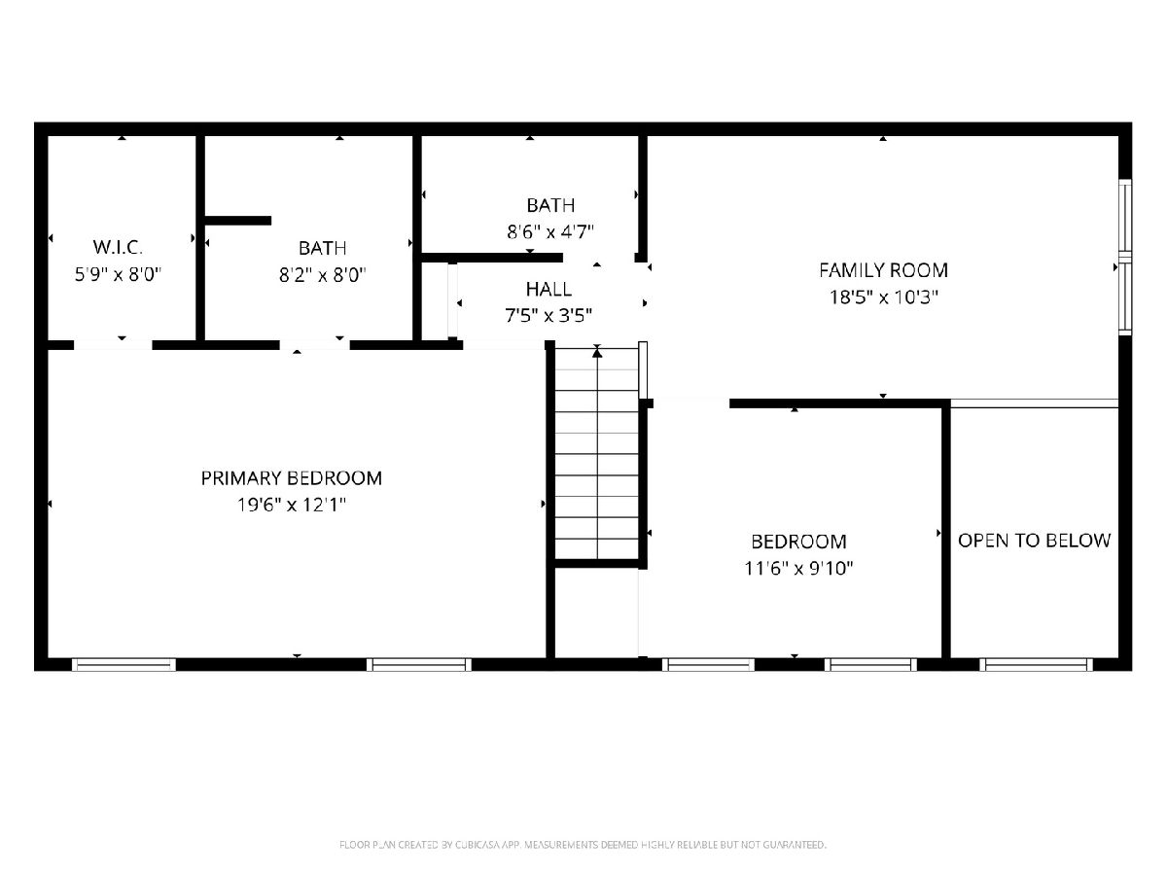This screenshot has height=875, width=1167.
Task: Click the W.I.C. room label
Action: (118, 247)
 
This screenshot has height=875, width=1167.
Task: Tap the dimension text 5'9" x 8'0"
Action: (118, 275)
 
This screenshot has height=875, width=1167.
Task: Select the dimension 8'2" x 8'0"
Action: (323, 275)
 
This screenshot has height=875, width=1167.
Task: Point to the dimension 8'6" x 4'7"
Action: (550, 232)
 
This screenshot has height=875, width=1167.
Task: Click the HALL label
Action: (548, 290)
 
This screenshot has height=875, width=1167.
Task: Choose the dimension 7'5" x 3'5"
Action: (548, 316)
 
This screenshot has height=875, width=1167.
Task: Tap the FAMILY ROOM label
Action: (883, 270)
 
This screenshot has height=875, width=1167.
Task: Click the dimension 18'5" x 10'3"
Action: (884, 297)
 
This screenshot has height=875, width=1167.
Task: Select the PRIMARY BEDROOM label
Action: (292, 478)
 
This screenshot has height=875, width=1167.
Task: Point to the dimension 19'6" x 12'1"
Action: (292, 505)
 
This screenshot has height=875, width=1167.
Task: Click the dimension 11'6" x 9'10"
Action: (798, 569)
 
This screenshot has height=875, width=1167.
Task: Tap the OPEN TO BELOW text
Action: (1034, 541)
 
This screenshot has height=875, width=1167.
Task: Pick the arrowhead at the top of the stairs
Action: (597, 352)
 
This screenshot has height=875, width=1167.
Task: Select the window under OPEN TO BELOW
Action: (1036, 664)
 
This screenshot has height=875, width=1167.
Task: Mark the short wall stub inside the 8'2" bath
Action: (237, 221)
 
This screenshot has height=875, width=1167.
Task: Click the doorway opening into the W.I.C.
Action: (113, 345)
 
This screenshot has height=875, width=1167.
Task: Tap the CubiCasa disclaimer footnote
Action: (583, 844)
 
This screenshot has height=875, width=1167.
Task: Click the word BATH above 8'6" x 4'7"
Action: (550, 205)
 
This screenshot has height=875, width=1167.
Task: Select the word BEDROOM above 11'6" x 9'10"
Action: (798, 542)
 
